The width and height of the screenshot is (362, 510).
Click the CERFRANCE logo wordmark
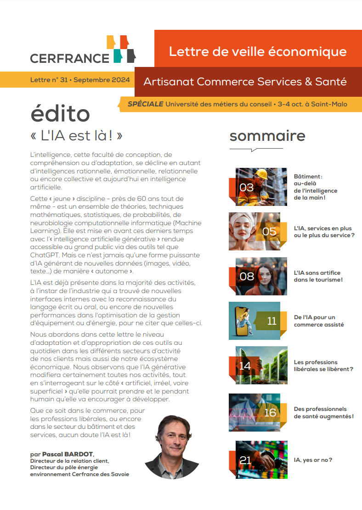[x=69, y=58]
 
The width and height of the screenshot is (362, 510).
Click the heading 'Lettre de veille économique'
[x=257, y=51]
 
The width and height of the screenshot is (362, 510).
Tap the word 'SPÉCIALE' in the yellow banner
[x=146, y=104]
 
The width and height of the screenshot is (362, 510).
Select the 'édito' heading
[x=60, y=115]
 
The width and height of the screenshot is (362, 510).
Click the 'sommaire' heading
[x=267, y=136]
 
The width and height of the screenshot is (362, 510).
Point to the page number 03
[x=247, y=187]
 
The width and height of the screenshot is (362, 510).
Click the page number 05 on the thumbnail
[x=269, y=231]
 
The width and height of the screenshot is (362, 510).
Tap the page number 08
[x=247, y=276]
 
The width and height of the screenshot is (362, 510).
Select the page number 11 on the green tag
[x=271, y=321]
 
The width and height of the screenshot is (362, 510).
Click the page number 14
[x=245, y=366]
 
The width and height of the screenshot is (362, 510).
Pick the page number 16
[x=270, y=413]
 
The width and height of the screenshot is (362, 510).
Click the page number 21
[x=246, y=460]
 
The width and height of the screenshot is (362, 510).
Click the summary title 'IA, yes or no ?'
[x=313, y=460]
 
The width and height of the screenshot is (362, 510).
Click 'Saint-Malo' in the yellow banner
[x=329, y=104]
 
